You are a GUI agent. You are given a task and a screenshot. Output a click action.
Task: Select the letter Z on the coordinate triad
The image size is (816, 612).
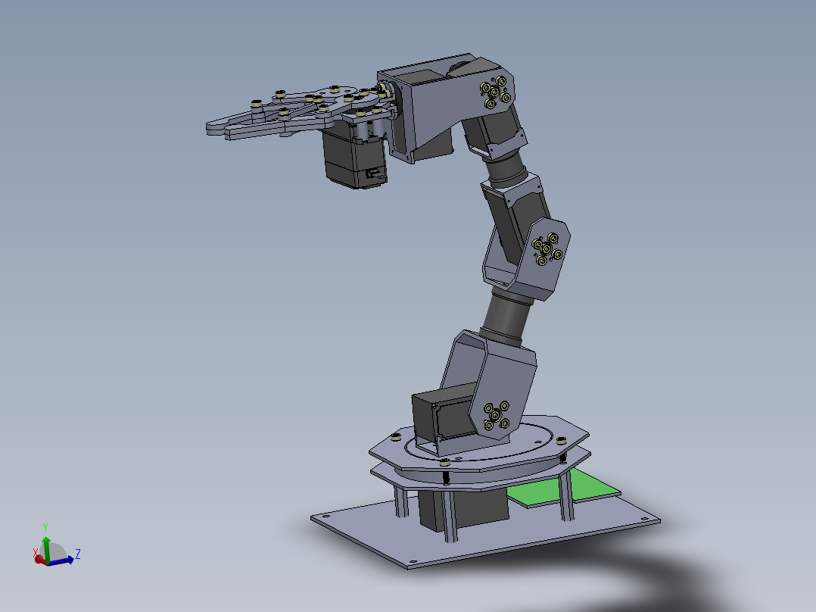(x=78, y=554)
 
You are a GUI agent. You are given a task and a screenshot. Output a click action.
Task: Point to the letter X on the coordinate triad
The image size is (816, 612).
(x=35, y=552)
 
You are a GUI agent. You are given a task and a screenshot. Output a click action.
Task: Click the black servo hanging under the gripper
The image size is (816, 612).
(x=354, y=159)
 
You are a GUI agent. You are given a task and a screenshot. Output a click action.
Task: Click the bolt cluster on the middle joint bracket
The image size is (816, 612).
(x=547, y=249)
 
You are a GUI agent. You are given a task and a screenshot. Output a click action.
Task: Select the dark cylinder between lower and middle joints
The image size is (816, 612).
(x=504, y=317)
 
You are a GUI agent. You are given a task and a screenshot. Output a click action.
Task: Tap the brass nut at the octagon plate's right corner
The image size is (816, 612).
(x=561, y=440)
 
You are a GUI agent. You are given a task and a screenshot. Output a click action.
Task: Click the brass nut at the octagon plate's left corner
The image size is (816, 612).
(x=395, y=437)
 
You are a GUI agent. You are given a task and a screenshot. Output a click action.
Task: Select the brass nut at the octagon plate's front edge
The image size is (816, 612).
(x=445, y=463)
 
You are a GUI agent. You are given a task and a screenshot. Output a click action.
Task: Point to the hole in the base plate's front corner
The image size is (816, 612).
(x=413, y=561)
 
